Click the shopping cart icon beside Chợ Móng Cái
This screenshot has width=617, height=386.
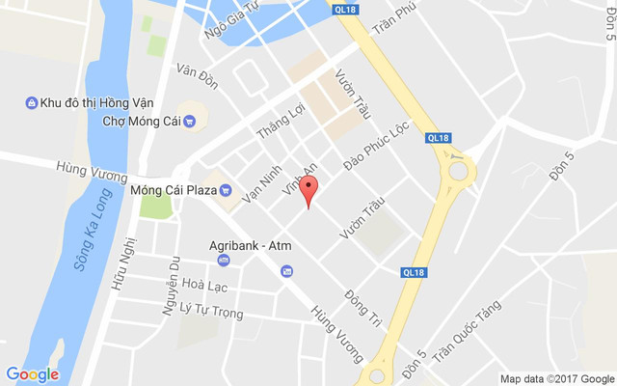coord(189,122)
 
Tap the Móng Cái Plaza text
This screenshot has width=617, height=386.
coord(173,190)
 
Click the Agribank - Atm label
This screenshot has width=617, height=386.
coord(251,245)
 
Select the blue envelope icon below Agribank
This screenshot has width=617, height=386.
coord(286,272)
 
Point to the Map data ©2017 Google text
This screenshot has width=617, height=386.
coord(556,378)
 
